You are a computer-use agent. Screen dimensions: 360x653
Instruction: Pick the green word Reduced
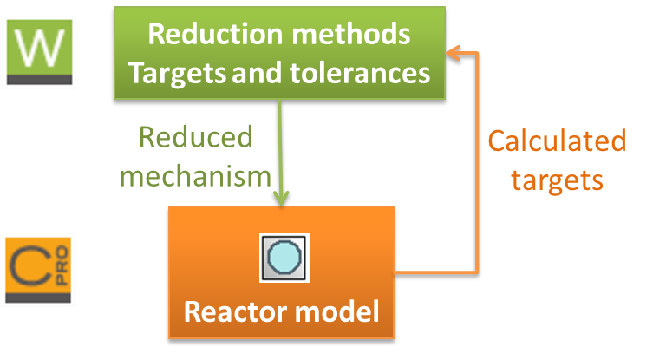[195, 138]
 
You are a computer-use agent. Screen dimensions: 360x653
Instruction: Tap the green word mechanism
[195, 175]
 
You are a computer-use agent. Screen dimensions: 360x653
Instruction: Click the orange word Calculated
[556, 141]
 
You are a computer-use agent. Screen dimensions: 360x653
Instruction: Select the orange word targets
[556, 180]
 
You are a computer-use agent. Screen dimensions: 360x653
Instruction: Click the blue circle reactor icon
[284, 258]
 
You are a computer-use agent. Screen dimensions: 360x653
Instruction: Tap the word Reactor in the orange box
[232, 311]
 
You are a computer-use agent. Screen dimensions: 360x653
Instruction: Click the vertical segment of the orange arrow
[476, 165]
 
